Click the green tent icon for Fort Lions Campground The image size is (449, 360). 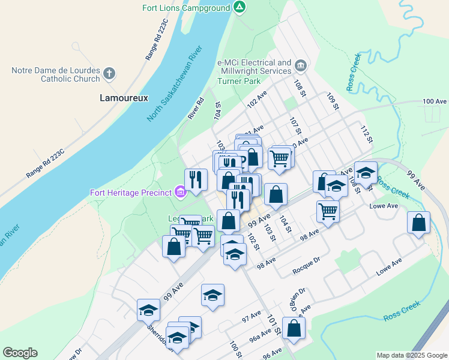tap(240, 8)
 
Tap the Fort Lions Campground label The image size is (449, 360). tap(186, 8)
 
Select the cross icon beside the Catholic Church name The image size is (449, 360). tap(109, 74)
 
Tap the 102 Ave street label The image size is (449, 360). tap(257, 100)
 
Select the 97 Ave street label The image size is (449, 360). tap(252, 316)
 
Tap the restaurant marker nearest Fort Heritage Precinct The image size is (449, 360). tap(196, 179)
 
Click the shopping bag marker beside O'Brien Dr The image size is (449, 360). tap(294, 328)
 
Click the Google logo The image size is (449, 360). tap(20, 353)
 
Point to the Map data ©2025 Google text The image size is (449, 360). tap(411, 355)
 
